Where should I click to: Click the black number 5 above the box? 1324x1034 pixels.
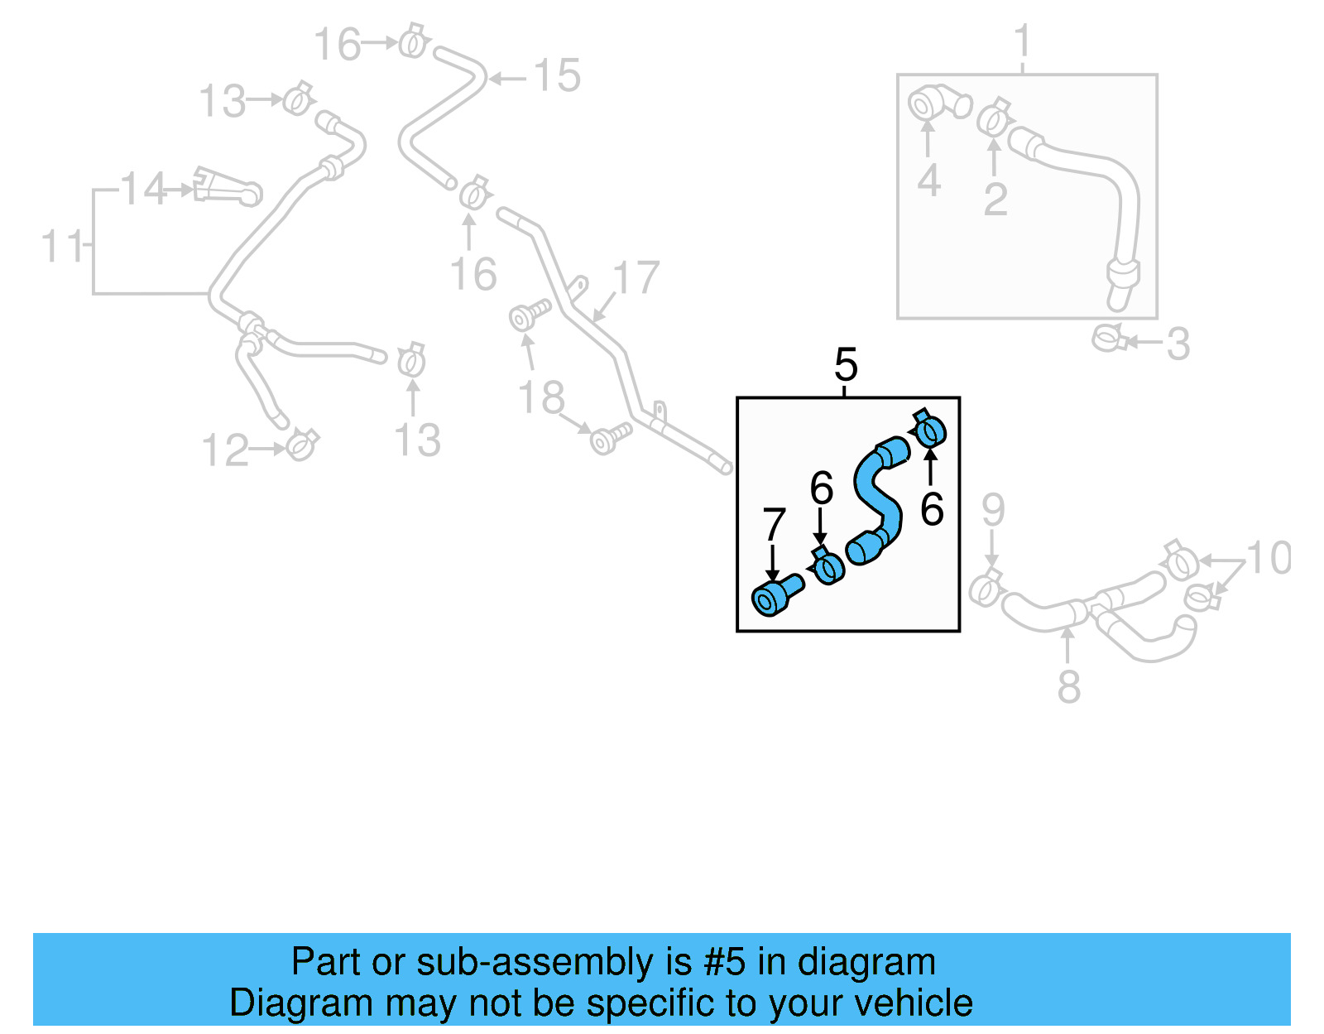(846, 365)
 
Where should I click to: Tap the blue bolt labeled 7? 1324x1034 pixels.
(775, 595)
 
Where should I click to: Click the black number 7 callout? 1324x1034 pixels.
(773, 525)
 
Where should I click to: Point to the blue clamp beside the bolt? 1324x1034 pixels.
(827, 567)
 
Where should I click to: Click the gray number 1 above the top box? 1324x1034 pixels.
(1023, 41)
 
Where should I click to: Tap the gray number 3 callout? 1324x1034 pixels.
(1178, 344)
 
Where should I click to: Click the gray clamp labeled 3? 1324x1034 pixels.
(1108, 338)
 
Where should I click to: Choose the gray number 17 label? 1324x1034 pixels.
(636, 278)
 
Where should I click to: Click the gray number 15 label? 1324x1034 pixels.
(557, 76)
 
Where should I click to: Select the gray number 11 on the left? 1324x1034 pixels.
(62, 247)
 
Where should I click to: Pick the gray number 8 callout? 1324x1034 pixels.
(1068, 687)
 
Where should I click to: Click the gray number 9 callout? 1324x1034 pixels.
(993, 510)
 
